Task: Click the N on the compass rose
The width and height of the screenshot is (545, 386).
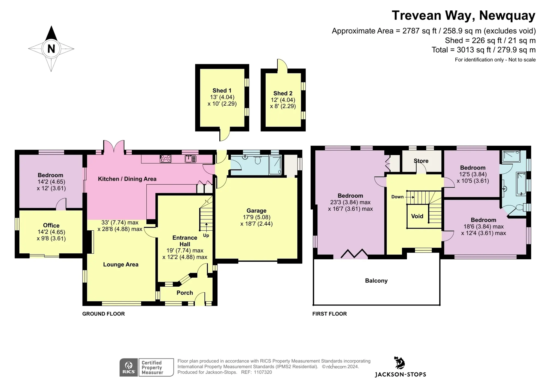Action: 51,49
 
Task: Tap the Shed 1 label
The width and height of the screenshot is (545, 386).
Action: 222,91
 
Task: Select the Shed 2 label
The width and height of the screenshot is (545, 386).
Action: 283,93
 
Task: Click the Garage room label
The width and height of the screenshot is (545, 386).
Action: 256,211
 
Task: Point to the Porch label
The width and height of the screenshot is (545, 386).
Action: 185,293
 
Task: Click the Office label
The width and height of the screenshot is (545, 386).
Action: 51,225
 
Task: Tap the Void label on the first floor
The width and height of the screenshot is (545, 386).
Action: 417,216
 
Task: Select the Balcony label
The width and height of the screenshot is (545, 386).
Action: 376,281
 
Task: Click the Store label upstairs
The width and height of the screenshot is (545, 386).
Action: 421,161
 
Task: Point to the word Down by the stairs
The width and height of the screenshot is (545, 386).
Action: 397,197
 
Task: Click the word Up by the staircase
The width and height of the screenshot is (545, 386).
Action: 206,235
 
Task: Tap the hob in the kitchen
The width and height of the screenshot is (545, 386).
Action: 165,159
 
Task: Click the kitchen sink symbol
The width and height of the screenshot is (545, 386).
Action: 190,159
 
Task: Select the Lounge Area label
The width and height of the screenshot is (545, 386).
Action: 121,265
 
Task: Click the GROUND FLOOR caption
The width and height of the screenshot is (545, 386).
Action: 104,314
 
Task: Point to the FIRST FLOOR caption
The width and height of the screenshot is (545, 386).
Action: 329,314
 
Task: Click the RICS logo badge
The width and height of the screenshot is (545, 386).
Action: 129,367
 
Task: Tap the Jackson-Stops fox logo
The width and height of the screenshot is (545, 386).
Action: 400,363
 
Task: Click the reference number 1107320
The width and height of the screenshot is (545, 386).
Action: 263,372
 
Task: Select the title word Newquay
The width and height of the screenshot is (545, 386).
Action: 507,16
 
